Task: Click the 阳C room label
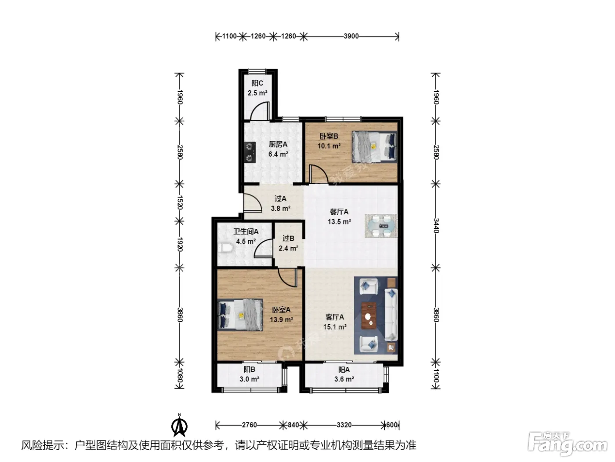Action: coord(257,83)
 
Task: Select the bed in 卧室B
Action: coord(374,147)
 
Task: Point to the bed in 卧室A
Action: coord(240,315)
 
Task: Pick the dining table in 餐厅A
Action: coord(381,226)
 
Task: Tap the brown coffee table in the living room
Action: coord(369,315)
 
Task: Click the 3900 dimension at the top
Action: coord(351,36)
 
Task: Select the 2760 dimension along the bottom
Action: coord(249,425)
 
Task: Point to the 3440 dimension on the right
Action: coord(436,226)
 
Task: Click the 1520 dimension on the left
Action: coord(180,202)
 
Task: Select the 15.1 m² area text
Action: coord(335,327)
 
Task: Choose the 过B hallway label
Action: coord(288,238)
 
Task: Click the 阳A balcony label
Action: coord(344,370)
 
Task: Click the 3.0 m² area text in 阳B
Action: coord(249,379)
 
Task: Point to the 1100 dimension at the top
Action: coord(229,36)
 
